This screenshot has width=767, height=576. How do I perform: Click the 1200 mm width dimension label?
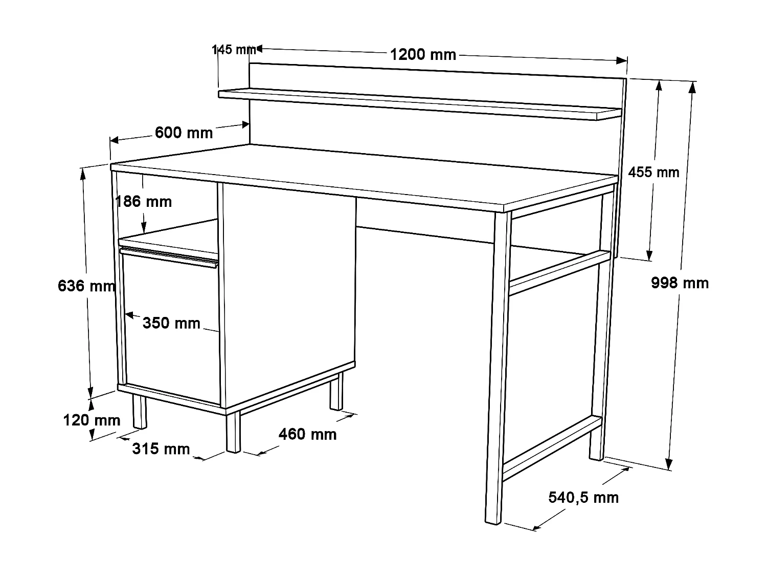pyautogui.click(x=423, y=54)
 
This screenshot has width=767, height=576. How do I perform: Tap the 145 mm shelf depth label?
pyautogui.click(x=234, y=50)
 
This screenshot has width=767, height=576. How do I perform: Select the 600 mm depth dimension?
pyautogui.click(x=184, y=133)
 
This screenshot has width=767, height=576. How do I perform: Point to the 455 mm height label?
pyautogui.click(x=653, y=172)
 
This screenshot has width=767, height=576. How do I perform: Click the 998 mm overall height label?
pyautogui.click(x=680, y=283)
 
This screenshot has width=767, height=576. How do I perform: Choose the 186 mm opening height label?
pyautogui.click(x=144, y=201)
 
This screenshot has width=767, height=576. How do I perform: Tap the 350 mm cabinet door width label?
pyautogui.click(x=171, y=323)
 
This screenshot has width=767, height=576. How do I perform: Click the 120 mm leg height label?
pyautogui.click(x=92, y=420)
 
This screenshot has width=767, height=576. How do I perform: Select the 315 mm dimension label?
pyautogui.click(x=161, y=449)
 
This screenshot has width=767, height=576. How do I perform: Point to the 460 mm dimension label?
pyautogui.click(x=307, y=434)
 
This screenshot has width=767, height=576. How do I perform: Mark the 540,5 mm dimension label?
pyautogui.click(x=583, y=497)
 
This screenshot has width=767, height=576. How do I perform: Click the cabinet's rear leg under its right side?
pyautogui.click(x=335, y=392)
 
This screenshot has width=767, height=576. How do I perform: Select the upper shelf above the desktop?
pyautogui.click(x=419, y=105)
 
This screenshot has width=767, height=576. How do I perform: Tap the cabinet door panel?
pyautogui.click(x=171, y=353)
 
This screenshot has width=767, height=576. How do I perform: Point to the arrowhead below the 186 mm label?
pyautogui.click(x=144, y=230)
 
